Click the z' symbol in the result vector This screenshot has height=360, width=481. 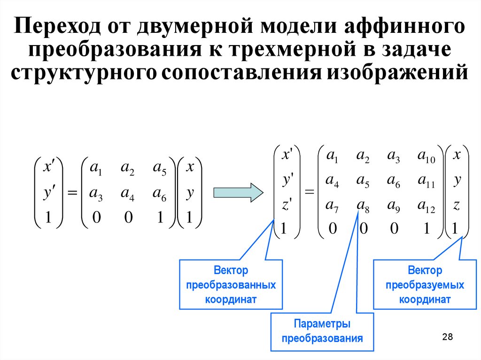[x=287, y=205]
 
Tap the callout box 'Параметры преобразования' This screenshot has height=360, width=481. [x=322, y=331]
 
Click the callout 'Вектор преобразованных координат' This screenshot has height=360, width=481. [x=231, y=285]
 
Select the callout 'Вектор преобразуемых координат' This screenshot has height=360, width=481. [x=425, y=285]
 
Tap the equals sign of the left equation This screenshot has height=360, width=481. [x=72, y=192]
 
